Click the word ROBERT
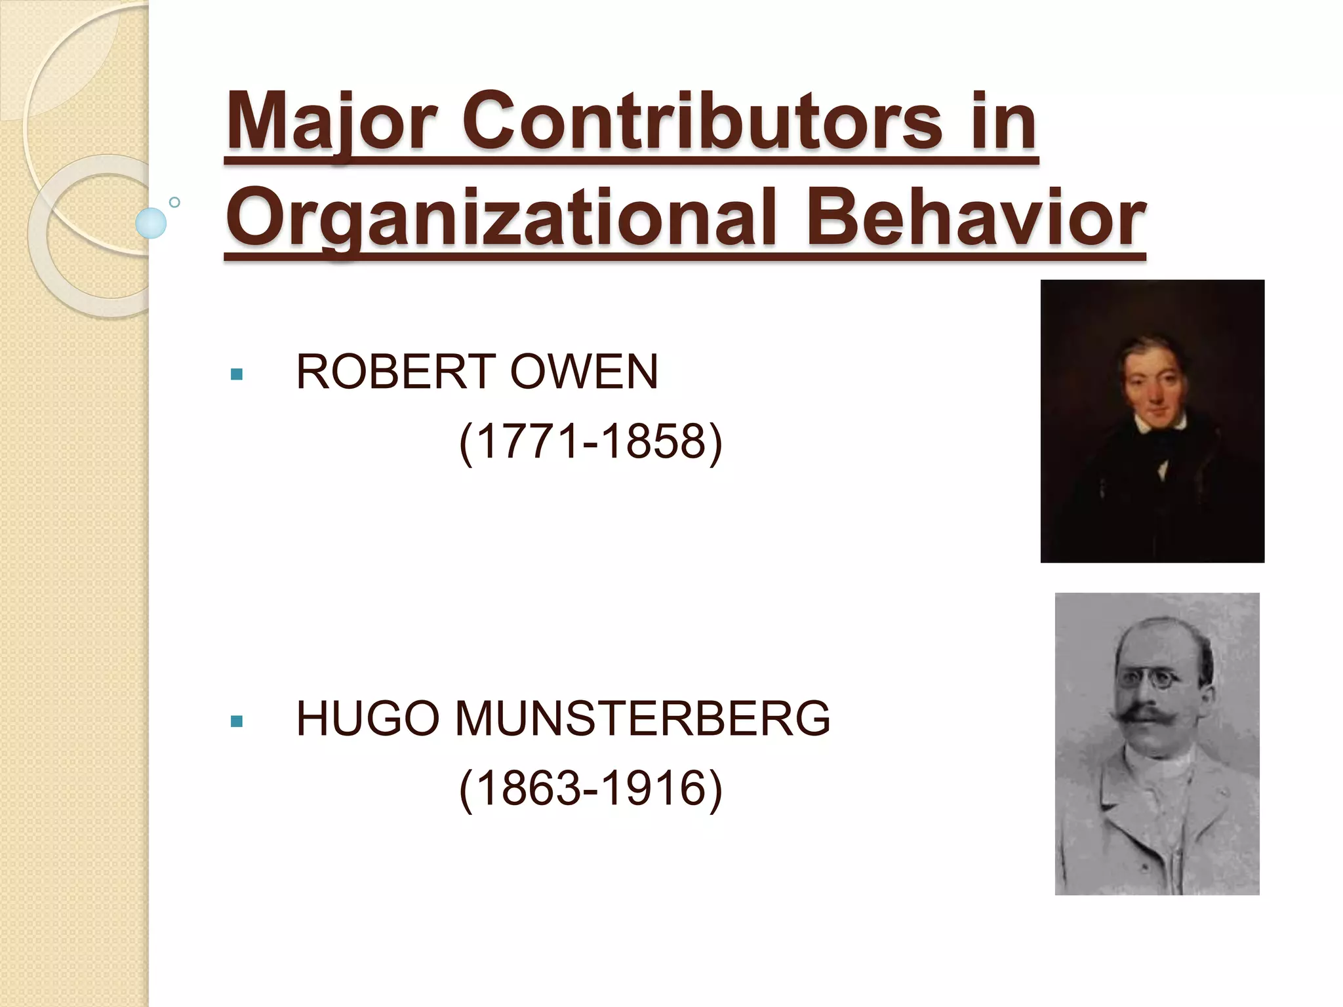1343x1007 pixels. [396, 372]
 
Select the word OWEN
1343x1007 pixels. [584, 372]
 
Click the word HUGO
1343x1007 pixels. [368, 719]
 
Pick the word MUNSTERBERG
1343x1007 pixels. [643, 719]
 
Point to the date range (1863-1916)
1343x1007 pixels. [590, 789]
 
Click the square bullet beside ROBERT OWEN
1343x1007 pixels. [237, 375]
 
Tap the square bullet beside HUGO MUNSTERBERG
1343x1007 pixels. [237, 722]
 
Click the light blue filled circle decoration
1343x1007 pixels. [151, 223]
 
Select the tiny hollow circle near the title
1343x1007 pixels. [174, 202]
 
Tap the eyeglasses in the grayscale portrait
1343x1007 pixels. [1154, 678]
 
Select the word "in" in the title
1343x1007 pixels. [1012, 122]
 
